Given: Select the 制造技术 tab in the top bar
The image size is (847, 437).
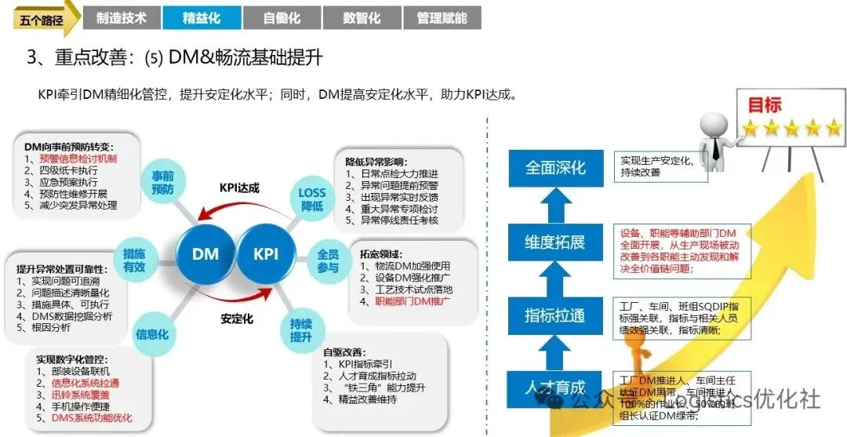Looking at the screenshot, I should click(121, 18).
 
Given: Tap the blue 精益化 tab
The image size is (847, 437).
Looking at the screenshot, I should click(202, 18).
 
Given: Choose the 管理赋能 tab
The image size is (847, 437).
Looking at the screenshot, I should click(442, 18).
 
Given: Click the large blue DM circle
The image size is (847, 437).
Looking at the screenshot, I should click(205, 254).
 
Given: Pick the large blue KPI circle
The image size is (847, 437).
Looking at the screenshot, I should click(266, 254).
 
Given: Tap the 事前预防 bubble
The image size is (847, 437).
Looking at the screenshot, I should click(162, 182).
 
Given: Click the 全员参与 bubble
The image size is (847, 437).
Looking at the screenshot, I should click(327, 260).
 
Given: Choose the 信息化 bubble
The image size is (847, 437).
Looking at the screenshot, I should click(152, 333).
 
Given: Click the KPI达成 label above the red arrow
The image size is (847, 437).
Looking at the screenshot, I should click(238, 188).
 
